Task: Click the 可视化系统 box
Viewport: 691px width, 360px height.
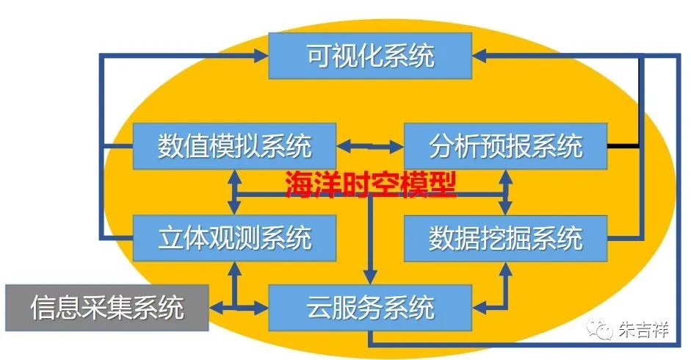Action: pyautogui.click(x=370, y=56)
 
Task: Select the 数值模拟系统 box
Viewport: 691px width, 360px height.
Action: pyautogui.click(x=234, y=146)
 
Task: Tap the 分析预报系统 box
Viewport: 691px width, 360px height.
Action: pyautogui.click(x=505, y=146)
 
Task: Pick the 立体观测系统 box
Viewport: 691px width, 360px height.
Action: pyautogui.click(x=234, y=238)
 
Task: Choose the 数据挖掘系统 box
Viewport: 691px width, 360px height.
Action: pyautogui.click(x=505, y=238)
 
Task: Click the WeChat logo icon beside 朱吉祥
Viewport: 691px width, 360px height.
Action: pyautogui.click(x=604, y=331)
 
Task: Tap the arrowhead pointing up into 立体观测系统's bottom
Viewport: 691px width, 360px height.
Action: pyautogui.click(x=234, y=267)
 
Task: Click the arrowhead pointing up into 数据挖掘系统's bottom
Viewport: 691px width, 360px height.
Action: pyautogui.click(x=505, y=267)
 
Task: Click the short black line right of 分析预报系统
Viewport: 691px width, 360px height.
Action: pyautogui.click(x=623, y=146)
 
